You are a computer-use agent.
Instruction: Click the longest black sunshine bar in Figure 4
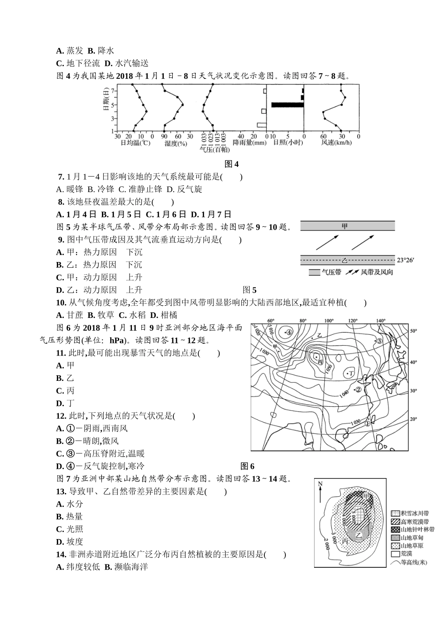pyautogui.click(x=287, y=105)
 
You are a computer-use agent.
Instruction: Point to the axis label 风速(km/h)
pyautogui.click(x=336, y=142)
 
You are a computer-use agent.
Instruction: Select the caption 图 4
pyautogui.click(x=232, y=164)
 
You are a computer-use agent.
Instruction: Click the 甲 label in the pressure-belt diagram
pyautogui.click(x=345, y=226)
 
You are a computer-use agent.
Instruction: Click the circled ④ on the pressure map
pyautogui.click(x=289, y=332)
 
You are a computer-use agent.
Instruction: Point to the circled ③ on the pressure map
pyautogui.click(x=379, y=340)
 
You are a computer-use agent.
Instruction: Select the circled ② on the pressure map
pyautogui.click(x=358, y=389)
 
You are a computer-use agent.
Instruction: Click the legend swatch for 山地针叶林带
pyautogui.click(x=395, y=530)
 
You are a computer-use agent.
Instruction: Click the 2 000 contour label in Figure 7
pyautogui.click(x=327, y=543)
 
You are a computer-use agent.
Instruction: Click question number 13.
pyautogui.click(x=61, y=492)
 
